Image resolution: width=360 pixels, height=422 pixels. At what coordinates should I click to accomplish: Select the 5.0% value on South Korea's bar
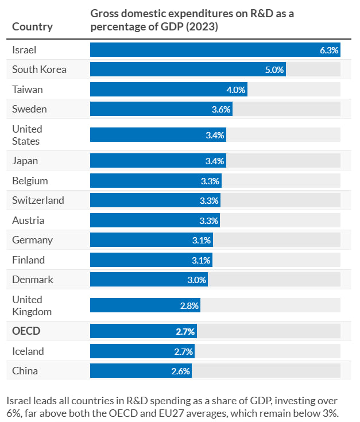(274, 69)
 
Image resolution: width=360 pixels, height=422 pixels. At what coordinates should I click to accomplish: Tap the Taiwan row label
(28, 90)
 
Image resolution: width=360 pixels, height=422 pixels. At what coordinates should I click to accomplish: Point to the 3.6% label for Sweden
(221, 109)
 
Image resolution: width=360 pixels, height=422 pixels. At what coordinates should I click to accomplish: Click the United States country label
(27, 135)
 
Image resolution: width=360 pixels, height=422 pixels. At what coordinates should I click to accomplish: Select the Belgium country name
(30, 181)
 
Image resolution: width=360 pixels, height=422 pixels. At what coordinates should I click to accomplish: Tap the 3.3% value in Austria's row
(210, 220)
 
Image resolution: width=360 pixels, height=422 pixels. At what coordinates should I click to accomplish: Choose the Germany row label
(32, 240)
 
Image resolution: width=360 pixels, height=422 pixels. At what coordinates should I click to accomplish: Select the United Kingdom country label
(32, 305)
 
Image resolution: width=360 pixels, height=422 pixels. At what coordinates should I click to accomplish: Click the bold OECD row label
(26, 331)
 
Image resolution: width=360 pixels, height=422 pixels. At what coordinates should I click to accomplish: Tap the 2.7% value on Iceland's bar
(184, 351)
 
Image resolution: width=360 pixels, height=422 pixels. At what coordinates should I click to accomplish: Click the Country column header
(32, 26)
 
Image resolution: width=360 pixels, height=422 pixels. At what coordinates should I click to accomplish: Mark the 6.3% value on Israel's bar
(329, 51)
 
